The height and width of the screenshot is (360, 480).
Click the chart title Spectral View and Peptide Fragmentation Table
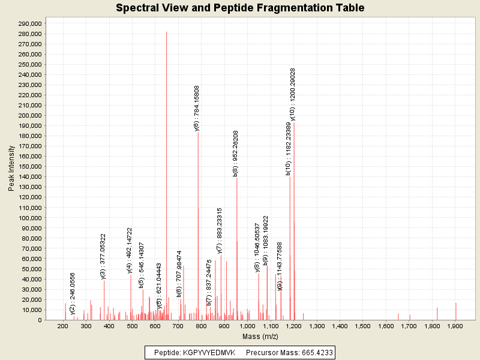[240, 8]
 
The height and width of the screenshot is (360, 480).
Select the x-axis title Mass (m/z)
[259, 337]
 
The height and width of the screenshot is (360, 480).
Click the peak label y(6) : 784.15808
[197, 108]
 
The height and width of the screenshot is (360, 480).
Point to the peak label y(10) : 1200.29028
[293, 95]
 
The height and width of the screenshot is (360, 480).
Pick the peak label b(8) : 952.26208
[236, 152]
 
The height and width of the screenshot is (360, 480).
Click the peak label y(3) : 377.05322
[103, 256]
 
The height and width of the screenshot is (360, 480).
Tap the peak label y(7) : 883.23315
[220, 230]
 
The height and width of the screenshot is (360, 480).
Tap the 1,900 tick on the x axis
[455, 326]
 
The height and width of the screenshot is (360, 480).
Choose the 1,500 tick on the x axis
[363, 326]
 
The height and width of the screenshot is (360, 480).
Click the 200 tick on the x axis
[62, 326]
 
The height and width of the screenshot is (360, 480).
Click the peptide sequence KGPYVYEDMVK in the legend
[209, 352]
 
